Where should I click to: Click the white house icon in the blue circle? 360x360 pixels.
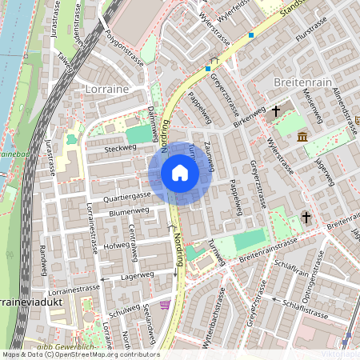coord(180,173)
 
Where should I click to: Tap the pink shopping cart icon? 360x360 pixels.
coord(166,305)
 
